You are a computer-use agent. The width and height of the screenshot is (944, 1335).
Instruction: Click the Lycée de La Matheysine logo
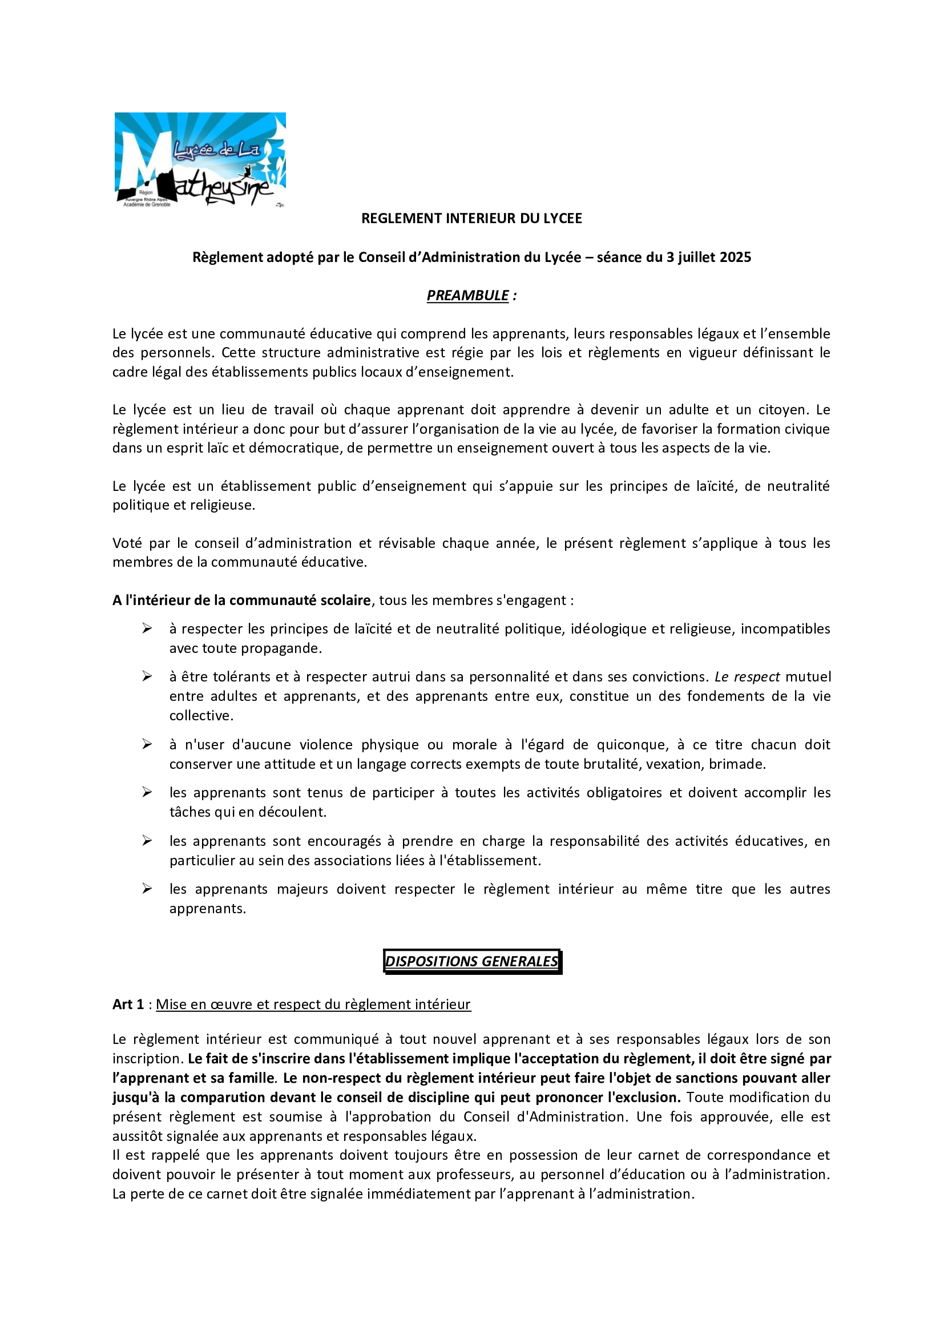[200, 159]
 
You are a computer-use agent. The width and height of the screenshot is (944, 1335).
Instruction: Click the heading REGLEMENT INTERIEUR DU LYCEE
[471, 218]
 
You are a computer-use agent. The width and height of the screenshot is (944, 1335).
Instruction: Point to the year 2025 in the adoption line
[735, 257]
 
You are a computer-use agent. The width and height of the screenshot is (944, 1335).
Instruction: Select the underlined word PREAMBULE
[468, 296]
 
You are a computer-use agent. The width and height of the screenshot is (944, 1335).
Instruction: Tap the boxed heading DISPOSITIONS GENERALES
[471, 961]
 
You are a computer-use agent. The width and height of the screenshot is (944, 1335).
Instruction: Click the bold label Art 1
[128, 1004]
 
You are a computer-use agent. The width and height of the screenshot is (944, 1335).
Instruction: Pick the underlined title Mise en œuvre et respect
[313, 1004]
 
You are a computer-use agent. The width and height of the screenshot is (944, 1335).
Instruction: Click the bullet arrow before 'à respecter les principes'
[147, 628]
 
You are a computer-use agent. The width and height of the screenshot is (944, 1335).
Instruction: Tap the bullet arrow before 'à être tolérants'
[147, 676]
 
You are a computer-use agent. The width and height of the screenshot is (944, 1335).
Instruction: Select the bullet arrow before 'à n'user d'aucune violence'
[147, 744]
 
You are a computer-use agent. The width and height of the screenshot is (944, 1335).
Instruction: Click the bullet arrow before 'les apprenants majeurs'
[147, 889]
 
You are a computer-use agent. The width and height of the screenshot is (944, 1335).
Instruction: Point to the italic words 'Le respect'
[747, 677]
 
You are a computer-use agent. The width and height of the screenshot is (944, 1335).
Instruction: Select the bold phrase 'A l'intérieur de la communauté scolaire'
[242, 600]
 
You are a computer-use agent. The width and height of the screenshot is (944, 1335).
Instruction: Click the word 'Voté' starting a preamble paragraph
[127, 543]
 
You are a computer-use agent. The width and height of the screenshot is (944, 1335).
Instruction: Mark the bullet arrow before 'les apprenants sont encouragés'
[147, 841]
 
